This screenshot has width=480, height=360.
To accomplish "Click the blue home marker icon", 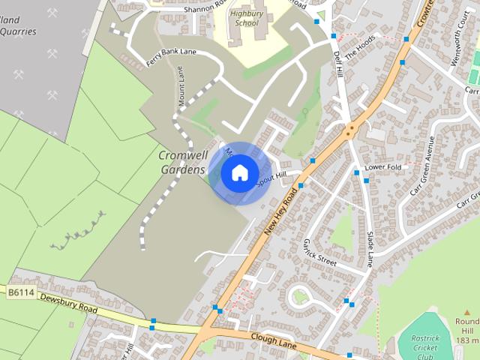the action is pos(239,173).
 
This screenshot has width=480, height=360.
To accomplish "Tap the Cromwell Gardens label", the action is pos(182,162).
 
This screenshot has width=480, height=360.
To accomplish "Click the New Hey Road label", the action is pos(281,213).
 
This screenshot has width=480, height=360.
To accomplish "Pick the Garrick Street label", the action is pos(320,252).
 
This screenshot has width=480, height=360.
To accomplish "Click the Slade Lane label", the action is pos(370,249).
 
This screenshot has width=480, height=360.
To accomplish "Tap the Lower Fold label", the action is pos(383,166).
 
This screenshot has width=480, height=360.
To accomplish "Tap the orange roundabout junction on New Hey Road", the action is pos(349,131).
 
